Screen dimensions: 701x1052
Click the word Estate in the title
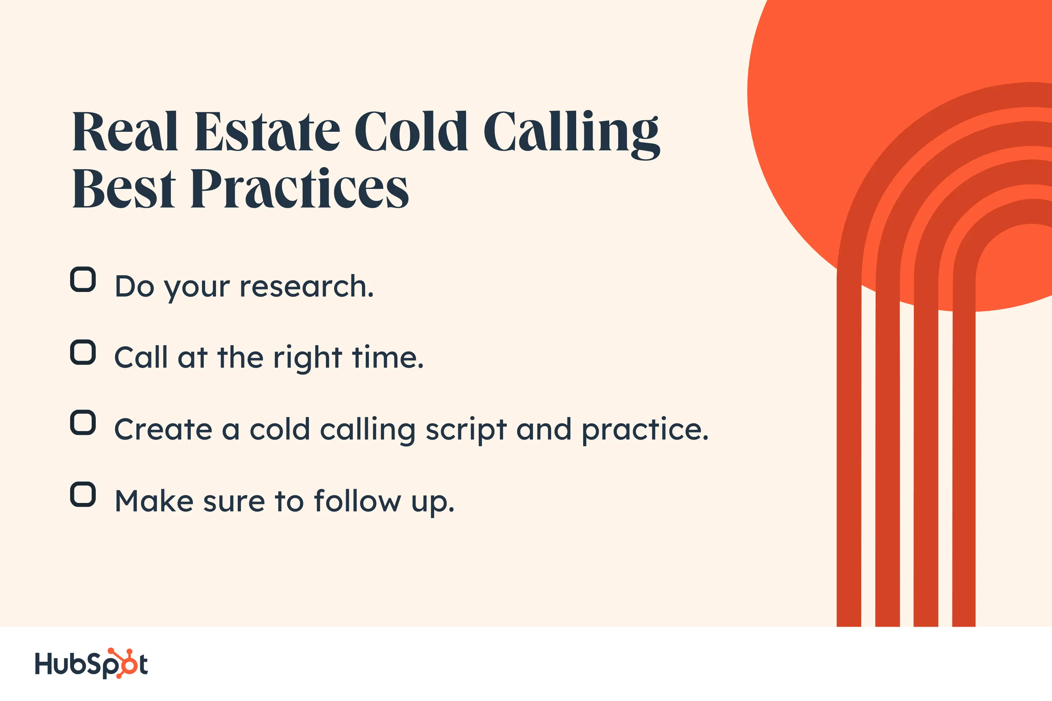pyautogui.click(x=267, y=131)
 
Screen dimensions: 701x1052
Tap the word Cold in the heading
pyautogui.click(x=411, y=131)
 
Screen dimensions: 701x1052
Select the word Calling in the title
pyautogui.click(x=571, y=133)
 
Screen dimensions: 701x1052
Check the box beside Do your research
pyautogui.click(x=83, y=279)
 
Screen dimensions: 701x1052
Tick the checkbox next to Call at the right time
pyautogui.click(x=83, y=352)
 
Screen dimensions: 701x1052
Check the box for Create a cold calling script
pyautogui.click(x=83, y=422)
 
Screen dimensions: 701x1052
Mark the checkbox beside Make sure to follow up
pyautogui.click(x=83, y=495)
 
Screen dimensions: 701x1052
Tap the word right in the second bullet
pyautogui.click(x=308, y=359)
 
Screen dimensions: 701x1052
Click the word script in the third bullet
pyautogui.click(x=466, y=430)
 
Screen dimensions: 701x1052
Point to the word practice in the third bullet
pyautogui.click(x=645, y=430)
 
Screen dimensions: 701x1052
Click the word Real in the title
pyautogui.click(x=125, y=131)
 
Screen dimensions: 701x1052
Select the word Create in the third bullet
pyautogui.click(x=163, y=430)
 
